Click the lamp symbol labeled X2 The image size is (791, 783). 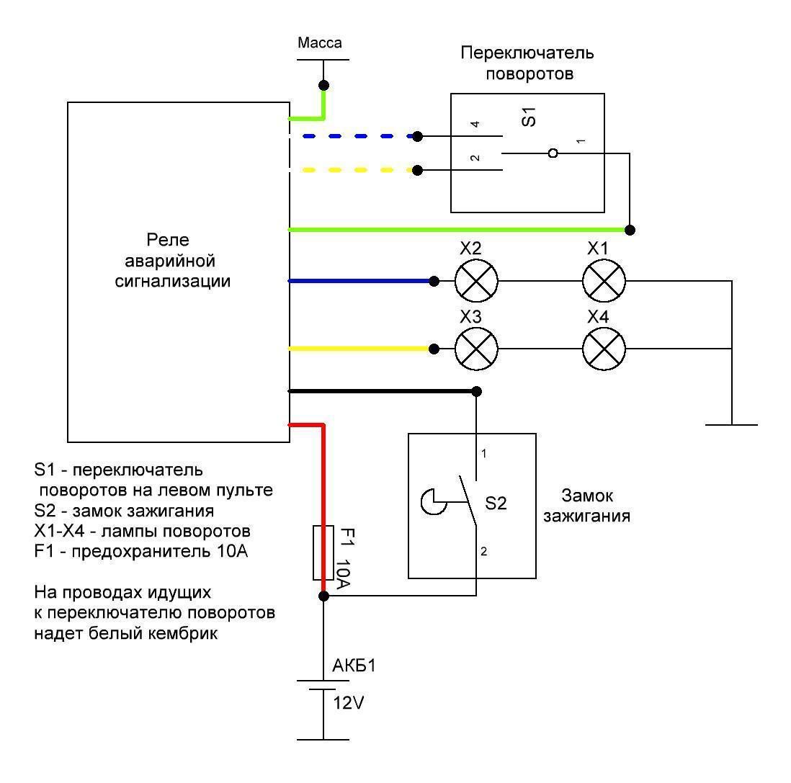tap(476, 280)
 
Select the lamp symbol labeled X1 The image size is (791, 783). tap(604, 280)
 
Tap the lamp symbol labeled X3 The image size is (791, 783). tap(476, 349)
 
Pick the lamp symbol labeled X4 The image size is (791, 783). tap(604, 349)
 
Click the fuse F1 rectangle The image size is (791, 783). tap(323, 552)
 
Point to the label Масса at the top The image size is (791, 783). tap(320, 43)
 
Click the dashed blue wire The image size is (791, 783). tap(353, 135)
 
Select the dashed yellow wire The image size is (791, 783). tap(353, 170)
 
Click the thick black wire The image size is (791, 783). tap(382, 391)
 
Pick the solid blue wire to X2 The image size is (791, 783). tap(360, 280)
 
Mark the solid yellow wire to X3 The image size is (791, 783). tap(360, 349)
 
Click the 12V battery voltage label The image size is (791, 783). tap(349, 703)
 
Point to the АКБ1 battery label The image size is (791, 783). tap(354, 666)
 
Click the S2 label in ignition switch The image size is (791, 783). tap(496, 504)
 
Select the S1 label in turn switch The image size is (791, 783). tap(529, 117)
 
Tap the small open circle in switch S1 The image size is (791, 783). tap(553, 153)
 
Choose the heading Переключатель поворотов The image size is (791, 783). tap(527, 63)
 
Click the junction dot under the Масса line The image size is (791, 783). tap(324, 84)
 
